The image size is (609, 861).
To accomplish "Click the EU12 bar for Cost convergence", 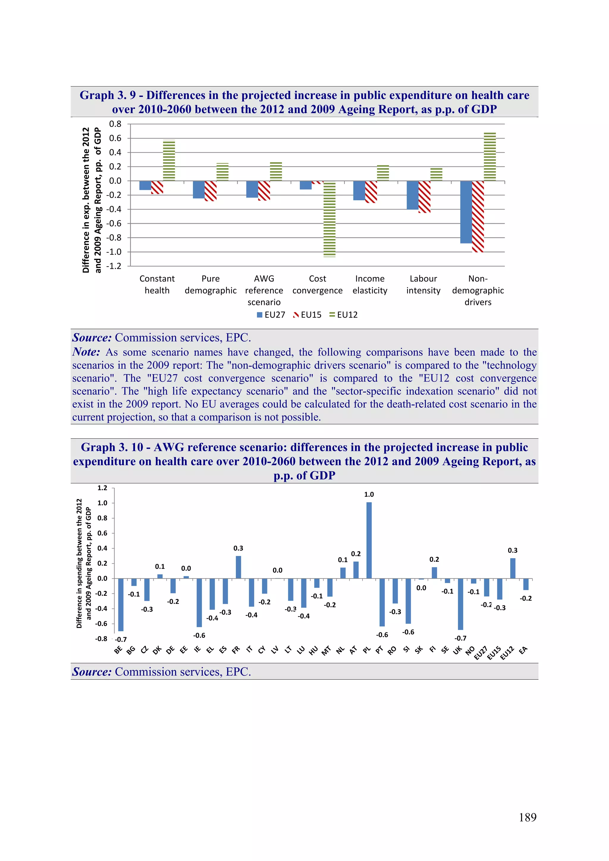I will pyautogui.click(x=329, y=219).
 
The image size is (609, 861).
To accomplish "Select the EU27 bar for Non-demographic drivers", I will pyautogui.click(x=466, y=212).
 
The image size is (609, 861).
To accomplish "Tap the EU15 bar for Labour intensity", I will pyautogui.click(x=424, y=196).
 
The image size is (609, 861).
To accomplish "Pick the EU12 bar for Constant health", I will pyautogui.click(x=169, y=161).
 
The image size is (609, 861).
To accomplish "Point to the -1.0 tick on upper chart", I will pyautogui.click(x=114, y=252).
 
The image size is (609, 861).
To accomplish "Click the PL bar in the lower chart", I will pyautogui.click(x=369, y=540).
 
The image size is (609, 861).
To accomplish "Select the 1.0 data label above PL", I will pyautogui.click(x=369, y=494).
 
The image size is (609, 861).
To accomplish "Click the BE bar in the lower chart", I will pyautogui.click(x=121, y=605).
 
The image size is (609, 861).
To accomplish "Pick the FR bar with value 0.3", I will pyautogui.click(x=238, y=567).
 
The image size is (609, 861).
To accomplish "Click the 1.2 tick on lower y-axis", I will pyautogui.click(x=102, y=488).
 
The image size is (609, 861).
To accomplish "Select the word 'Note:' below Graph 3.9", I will pyautogui.click(x=86, y=352).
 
